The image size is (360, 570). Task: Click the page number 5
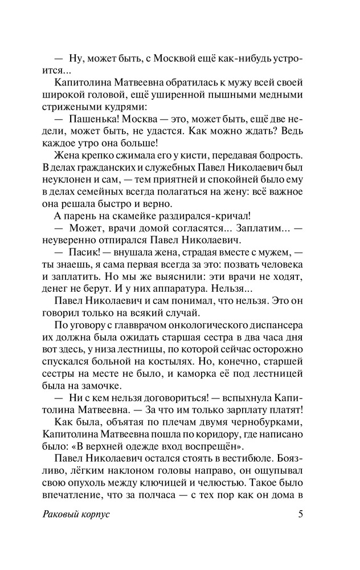[x=300, y=514]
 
